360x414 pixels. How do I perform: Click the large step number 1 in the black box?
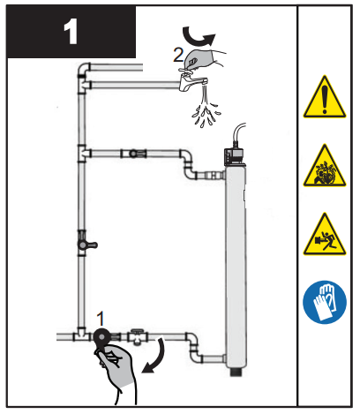(71, 33)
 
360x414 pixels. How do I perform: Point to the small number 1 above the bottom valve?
(101, 315)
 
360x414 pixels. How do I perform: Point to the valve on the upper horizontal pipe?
(134, 153)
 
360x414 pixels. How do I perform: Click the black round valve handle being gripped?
(102, 336)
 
